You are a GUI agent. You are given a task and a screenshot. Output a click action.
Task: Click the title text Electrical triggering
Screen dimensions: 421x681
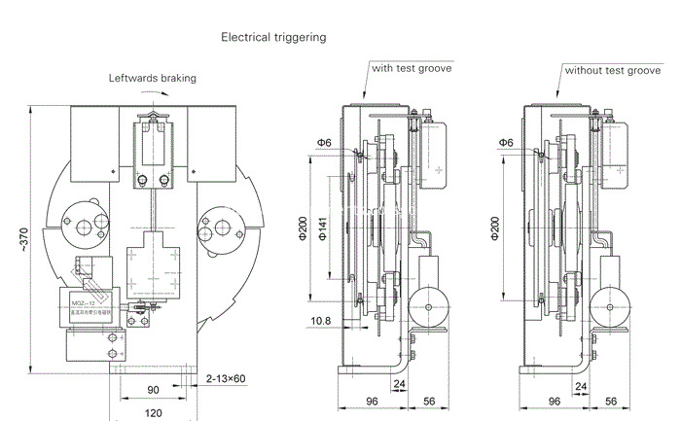(273, 38)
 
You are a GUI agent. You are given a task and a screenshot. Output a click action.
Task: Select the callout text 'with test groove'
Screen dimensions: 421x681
(412, 68)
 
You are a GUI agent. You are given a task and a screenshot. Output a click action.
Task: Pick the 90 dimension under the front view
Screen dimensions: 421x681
(153, 389)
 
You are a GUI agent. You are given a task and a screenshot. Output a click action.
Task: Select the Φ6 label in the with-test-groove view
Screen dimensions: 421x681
(323, 143)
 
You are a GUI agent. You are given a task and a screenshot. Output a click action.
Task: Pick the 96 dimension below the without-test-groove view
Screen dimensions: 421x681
(555, 400)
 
